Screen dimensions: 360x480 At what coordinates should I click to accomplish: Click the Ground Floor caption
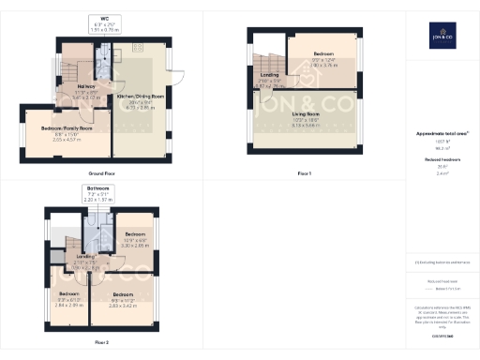coord(100,173)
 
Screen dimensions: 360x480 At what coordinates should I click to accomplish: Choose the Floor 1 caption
coord(304,173)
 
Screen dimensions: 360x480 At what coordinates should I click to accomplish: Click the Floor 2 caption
coord(100,342)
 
